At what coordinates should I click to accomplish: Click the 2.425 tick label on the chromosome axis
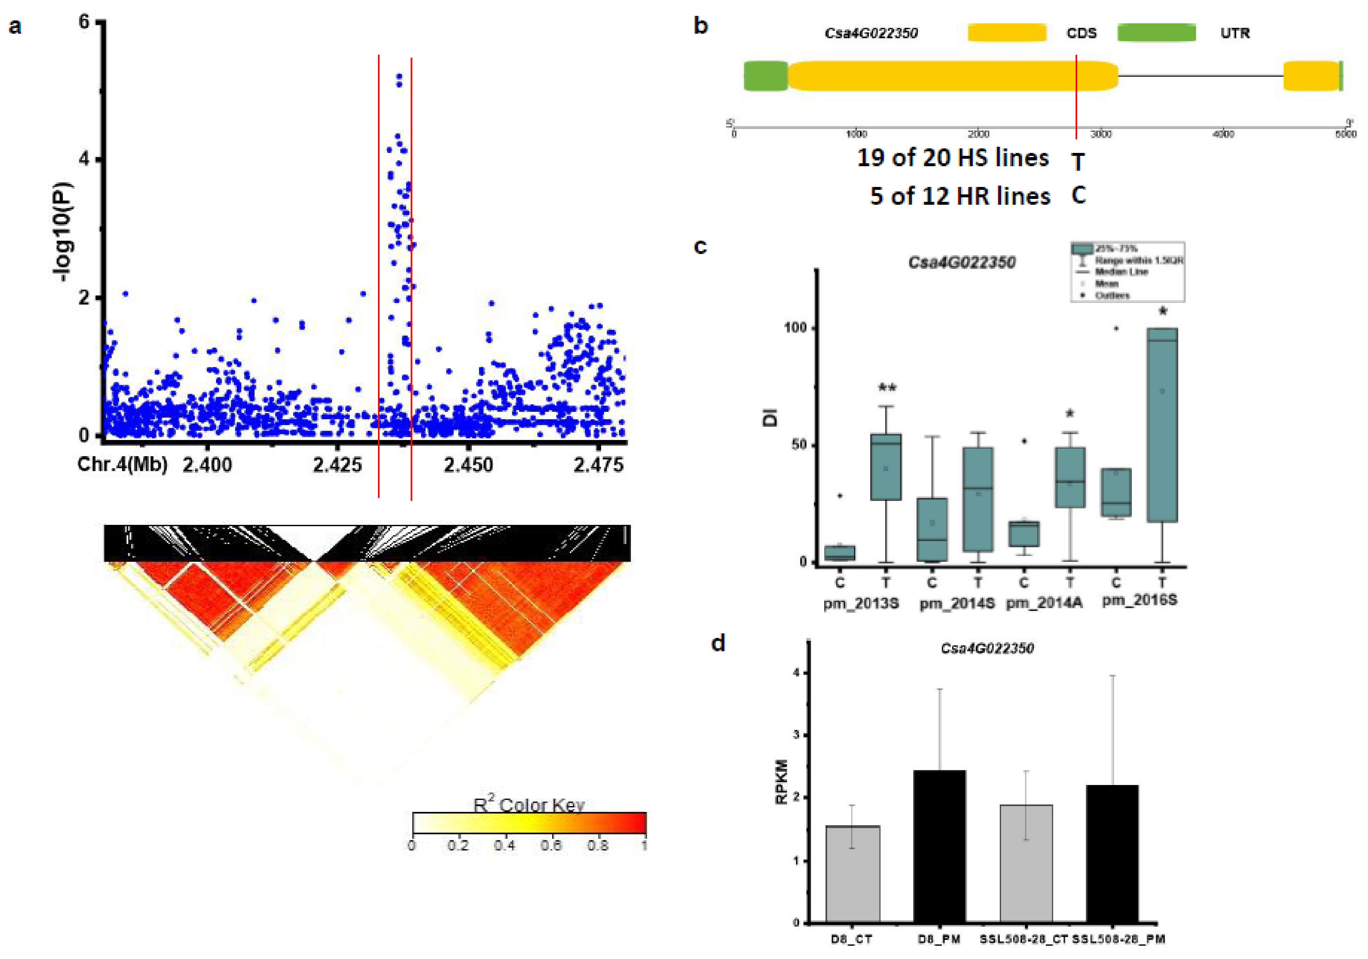pos(337,464)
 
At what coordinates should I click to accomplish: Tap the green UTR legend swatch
pos(1156,33)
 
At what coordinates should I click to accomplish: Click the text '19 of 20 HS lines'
pos(952,158)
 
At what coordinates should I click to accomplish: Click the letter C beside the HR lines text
pos(1078,195)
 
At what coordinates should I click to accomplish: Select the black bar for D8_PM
pos(940,846)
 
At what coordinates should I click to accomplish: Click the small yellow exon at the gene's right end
pos(1311,76)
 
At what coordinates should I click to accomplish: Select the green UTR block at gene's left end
pos(766,76)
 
